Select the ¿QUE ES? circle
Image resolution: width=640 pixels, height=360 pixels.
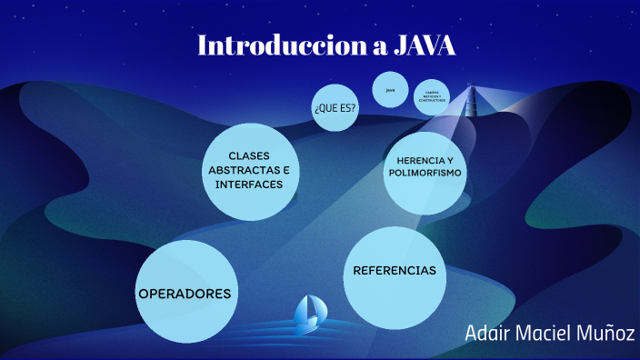click(x=335, y=107)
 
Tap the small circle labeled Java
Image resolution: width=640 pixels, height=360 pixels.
click(x=390, y=90)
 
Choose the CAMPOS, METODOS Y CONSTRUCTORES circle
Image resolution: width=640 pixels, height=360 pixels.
click(x=432, y=96)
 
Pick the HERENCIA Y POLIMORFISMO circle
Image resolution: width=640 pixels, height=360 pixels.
click(x=425, y=166)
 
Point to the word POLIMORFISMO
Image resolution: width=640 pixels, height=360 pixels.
click(x=425, y=173)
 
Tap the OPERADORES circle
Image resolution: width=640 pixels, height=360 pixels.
click(x=184, y=295)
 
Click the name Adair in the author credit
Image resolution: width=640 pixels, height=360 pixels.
click(x=488, y=332)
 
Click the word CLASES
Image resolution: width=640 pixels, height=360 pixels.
click(x=248, y=155)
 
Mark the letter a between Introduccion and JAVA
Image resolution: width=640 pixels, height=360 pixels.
click(x=377, y=46)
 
